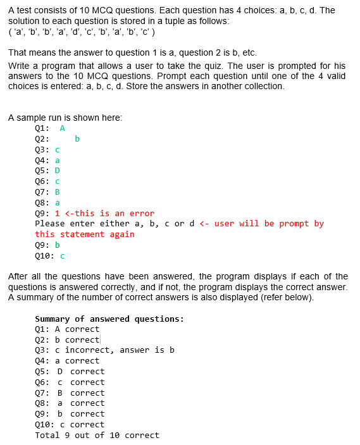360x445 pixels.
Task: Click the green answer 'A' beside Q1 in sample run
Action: pos(63,128)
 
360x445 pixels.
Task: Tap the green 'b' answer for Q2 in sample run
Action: pos(77,138)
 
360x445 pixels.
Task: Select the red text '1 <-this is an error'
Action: pos(104,213)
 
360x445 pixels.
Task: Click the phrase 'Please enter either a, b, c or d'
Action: pos(115,224)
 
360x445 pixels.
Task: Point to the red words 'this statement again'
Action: pos(85,235)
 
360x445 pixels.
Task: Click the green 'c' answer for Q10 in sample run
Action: pos(63,256)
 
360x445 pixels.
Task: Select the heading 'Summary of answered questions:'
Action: pos(109,319)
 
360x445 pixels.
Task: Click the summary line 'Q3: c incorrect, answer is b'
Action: pos(104,350)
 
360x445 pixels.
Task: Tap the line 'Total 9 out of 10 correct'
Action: pos(97,435)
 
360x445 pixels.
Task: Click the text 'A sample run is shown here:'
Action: pos(65,118)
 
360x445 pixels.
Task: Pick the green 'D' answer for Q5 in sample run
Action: pos(58,170)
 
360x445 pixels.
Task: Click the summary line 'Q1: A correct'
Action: pos(67,329)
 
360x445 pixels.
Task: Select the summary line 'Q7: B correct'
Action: pos(70,393)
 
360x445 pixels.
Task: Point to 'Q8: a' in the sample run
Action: pos(47,203)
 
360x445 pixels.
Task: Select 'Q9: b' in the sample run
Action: pos(47,245)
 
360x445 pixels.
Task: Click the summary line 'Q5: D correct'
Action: pos(70,372)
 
